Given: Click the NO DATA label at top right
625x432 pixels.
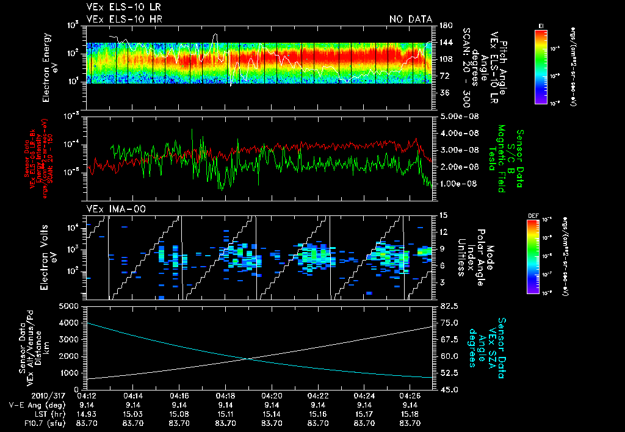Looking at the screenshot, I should pos(410,19).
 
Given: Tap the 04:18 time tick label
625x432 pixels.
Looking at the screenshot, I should pos(226,395).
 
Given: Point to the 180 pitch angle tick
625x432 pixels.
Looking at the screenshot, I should pos(444,26).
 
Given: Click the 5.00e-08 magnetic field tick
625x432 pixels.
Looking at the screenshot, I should pos(457,116).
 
